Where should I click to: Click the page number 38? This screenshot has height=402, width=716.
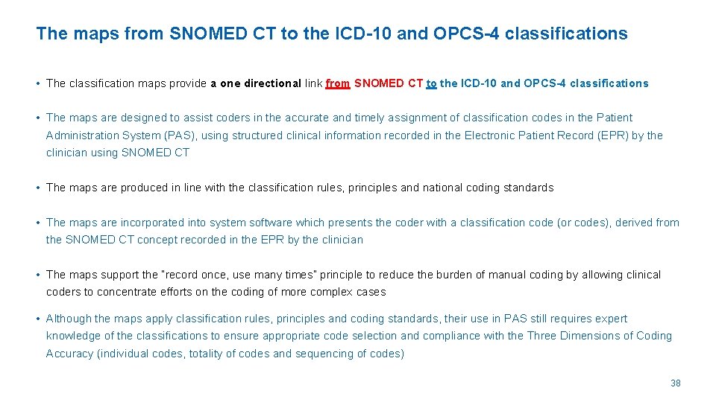[676, 383]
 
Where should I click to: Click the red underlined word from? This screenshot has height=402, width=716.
[338, 83]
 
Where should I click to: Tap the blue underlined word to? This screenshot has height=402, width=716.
[432, 83]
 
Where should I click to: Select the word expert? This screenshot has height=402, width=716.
[611, 319]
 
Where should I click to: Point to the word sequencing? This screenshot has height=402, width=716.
[327, 354]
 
